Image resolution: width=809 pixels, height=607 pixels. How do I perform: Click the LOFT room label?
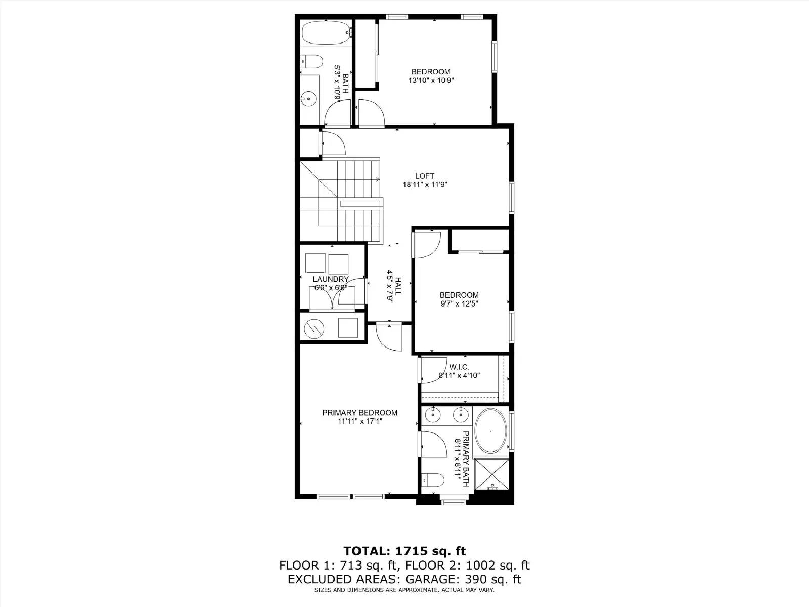(425, 176)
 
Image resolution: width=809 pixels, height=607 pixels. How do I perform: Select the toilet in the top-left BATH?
(312, 62)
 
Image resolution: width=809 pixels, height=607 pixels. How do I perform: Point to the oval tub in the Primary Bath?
(490, 430)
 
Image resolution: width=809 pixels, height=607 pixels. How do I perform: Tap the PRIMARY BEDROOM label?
(359, 413)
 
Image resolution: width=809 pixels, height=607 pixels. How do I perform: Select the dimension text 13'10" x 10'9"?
(431, 80)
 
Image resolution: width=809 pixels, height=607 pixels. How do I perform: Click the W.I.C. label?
(459, 367)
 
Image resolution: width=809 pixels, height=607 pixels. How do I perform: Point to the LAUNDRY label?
(331, 279)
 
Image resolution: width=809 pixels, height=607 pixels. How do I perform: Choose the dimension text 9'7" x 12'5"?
(459, 304)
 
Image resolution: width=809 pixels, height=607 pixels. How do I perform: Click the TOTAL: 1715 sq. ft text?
(404, 551)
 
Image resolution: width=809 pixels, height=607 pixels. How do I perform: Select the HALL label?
(398, 286)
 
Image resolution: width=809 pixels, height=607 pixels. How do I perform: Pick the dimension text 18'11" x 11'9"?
(425, 185)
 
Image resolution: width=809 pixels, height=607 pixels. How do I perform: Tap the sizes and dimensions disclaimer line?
(404, 590)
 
